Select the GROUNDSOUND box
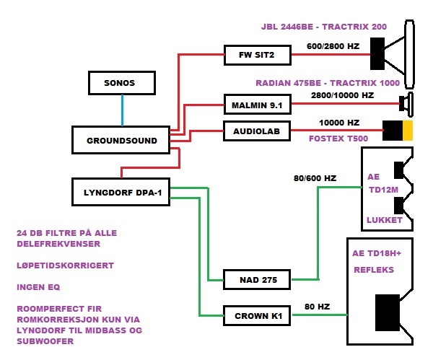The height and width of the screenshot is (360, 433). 121,141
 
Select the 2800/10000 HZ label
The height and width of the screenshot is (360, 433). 342,95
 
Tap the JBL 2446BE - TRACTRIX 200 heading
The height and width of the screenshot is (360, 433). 324,27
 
